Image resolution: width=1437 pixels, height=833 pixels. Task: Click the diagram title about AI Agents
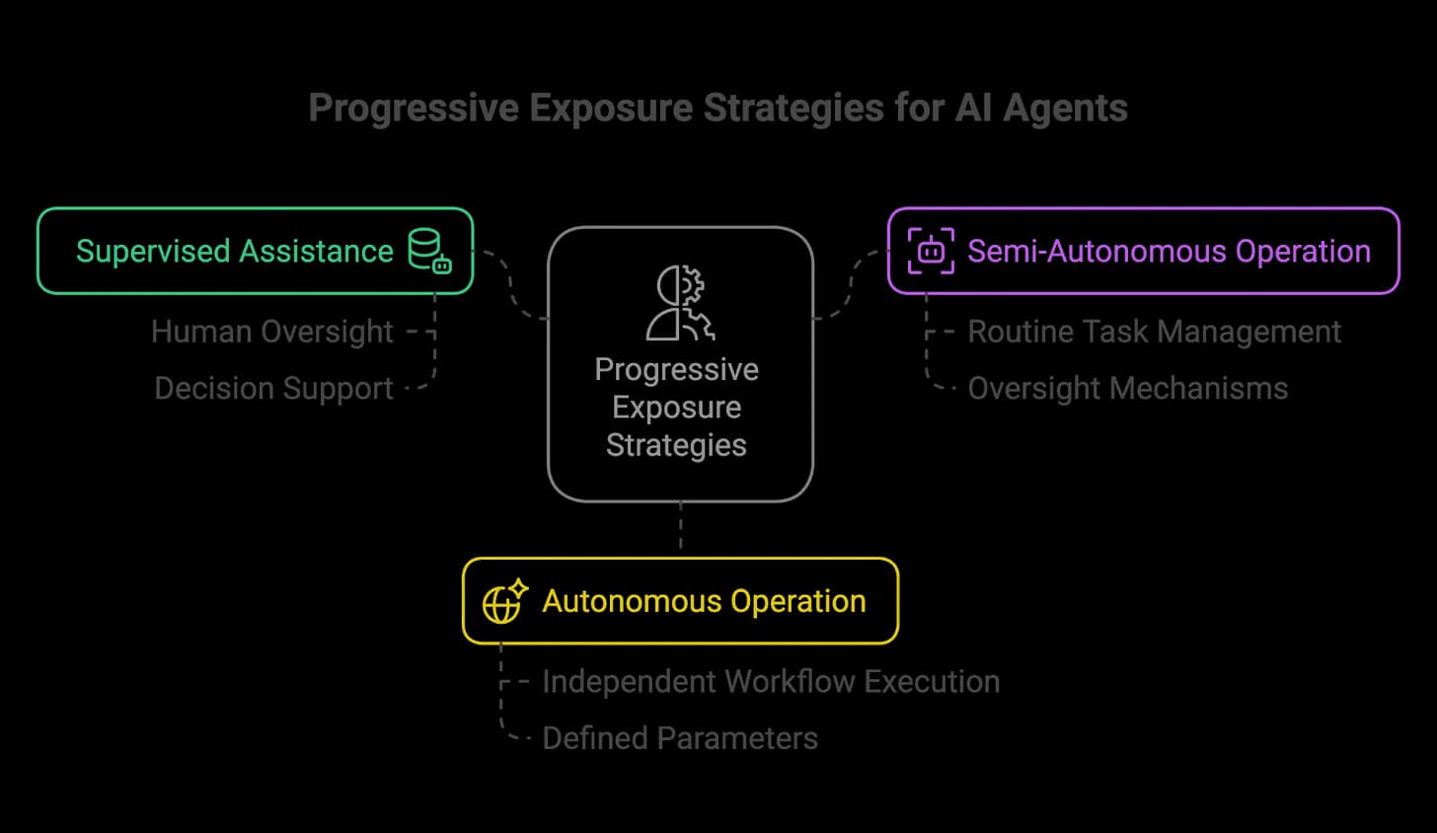pyautogui.click(x=718, y=108)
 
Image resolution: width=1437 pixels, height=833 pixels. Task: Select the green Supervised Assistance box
pyautogui.click(x=255, y=251)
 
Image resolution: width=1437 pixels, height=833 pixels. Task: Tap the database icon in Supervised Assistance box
pyautogui.click(x=430, y=251)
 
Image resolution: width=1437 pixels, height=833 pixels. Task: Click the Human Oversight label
pyautogui.click(x=272, y=332)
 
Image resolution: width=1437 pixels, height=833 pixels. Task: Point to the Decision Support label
pyautogui.click(x=273, y=388)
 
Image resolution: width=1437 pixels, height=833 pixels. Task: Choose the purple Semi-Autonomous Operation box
pyautogui.click(x=1143, y=251)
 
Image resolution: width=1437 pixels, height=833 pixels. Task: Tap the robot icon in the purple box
pyautogui.click(x=931, y=251)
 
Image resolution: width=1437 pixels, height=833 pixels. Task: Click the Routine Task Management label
pyautogui.click(x=1154, y=332)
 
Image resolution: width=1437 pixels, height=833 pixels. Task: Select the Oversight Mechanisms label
pyautogui.click(x=1127, y=388)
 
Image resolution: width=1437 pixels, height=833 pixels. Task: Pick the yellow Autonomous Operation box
pyautogui.click(x=680, y=601)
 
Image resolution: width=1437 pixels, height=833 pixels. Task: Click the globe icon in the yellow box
pyautogui.click(x=504, y=602)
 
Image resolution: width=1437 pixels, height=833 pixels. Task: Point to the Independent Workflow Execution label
pyautogui.click(x=771, y=681)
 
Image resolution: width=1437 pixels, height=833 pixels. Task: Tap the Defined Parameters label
pyautogui.click(x=680, y=737)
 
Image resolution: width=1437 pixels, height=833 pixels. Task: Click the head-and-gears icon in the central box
pyautogui.click(x=680, y=302)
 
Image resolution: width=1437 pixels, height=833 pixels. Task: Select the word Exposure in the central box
pyautogui.click(x=676, y=407)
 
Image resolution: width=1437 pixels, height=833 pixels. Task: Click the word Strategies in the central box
pyautogui.click(x=676, y=445)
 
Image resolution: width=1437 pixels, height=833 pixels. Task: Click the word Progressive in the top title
pyautogui.click(x=414, y=108)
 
